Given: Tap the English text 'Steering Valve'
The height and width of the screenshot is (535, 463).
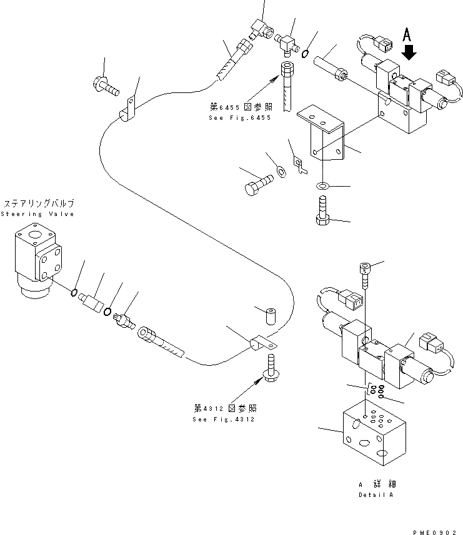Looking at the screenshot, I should click(x=37, y=214).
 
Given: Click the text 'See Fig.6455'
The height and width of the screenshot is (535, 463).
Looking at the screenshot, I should click(x=240, y=118).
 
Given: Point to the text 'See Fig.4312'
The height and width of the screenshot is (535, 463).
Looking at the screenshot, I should click(x=224, y=419).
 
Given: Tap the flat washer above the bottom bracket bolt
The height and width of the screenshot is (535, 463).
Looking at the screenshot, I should click(x=323, y=185).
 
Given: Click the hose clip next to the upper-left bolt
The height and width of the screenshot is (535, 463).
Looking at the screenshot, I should click(x=129, y=107).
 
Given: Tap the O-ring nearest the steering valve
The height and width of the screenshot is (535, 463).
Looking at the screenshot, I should click(x=74, y=292).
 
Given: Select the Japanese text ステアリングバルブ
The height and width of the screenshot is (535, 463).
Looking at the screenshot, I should click(x=39, y=204).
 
